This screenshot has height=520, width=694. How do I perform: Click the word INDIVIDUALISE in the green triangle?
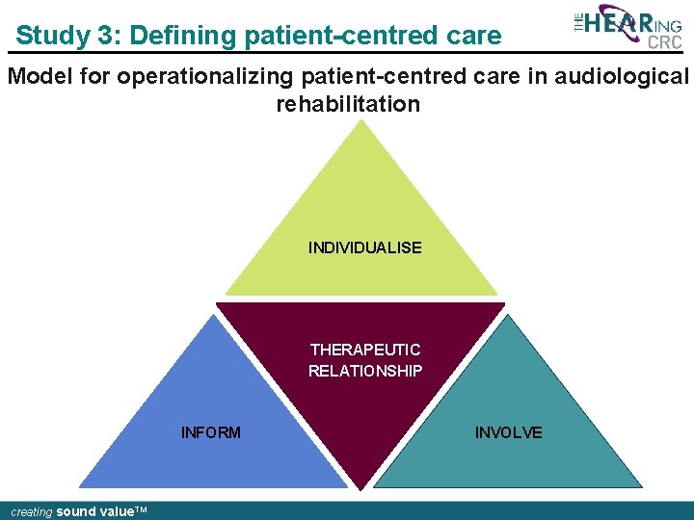tap(364, 247)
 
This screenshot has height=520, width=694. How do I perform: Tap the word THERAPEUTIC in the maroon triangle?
tap(364, 350)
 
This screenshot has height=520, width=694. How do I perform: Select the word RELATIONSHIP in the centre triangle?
tap(364, 371)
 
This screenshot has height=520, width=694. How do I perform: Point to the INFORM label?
tap(211, 432)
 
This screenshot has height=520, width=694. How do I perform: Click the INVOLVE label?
tap(508, 432)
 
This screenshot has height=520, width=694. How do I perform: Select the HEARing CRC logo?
tap(627, 26)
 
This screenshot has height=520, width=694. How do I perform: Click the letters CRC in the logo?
tap(664, 42)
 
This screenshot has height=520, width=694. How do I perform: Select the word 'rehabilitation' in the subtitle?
tap(348, 103)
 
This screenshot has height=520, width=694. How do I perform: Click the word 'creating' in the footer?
tap(31, 512)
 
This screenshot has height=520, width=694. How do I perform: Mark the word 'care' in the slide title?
tap(473, 36)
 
